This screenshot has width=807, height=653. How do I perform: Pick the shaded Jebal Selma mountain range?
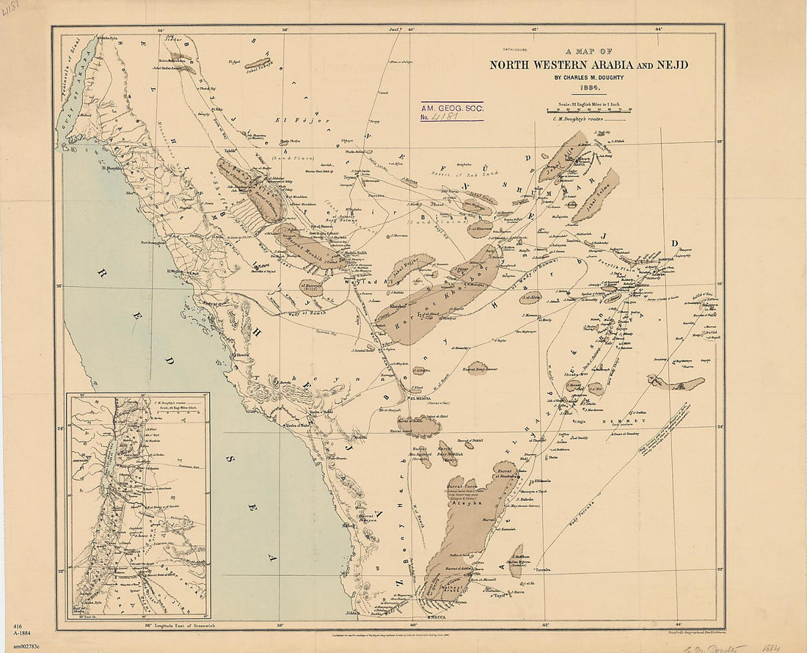click(596, 195)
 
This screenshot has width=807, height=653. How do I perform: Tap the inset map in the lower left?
click(138, 506)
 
